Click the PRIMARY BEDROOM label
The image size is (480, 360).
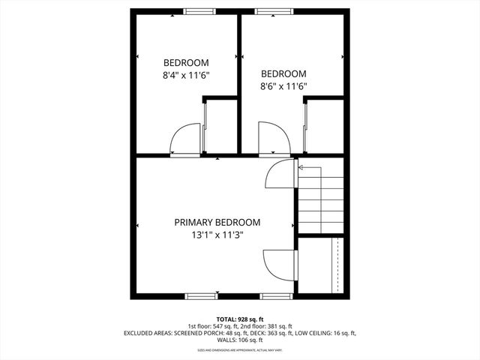(217, 223)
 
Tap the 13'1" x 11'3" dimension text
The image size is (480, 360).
(217, 235)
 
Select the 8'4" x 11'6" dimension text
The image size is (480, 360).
(186, 75)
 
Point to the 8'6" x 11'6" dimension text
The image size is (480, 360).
(283, 85)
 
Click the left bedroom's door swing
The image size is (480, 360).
(184, 140)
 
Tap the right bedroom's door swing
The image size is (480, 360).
(272, 139)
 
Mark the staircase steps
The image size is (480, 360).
(321, 202)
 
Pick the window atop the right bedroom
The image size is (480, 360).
(266, 10)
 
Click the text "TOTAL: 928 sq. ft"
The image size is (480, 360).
(240, 319)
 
